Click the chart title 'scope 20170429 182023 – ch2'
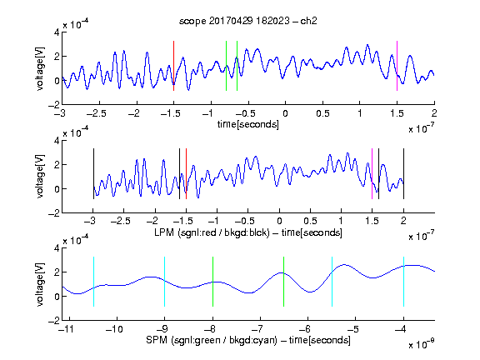[x=248, y=21]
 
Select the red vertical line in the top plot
[x=173, y=66]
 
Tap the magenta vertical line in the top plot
[x=397, y=66]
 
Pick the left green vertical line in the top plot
[x=226, y=66]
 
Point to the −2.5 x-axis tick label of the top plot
[x=97, y=113]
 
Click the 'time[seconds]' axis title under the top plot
[x=248, y=124]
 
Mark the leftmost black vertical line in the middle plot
[x=93, y=173]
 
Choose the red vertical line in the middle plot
[x=186, y=173]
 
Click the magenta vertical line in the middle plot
[x=372, y=173]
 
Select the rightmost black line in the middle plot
[x=403, y=173]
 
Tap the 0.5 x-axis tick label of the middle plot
[x=310, y=221]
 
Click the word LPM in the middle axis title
[x=164, y=232]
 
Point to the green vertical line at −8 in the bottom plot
[x=212, y=282]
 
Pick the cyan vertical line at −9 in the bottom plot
[x=165, y=282]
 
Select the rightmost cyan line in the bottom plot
[x=404, y=282]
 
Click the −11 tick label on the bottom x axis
[x=66, y=329]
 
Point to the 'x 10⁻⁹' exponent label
[x=421, y=344]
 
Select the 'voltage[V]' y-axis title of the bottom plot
[x=40, y=284]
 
